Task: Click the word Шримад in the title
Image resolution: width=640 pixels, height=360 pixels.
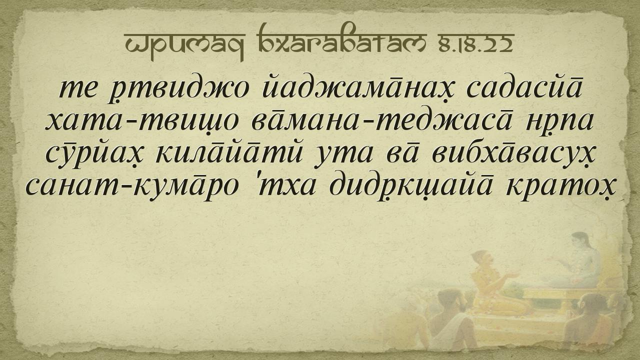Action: (184, 45)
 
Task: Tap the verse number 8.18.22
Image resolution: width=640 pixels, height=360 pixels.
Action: (474, 43)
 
